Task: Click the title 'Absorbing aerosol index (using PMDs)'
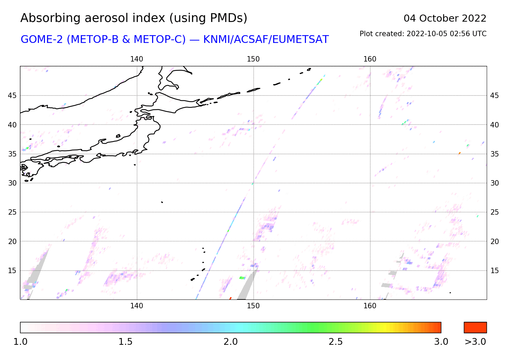134,18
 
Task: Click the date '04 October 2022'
445,18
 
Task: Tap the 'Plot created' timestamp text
423,34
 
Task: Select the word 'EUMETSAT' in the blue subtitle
300,40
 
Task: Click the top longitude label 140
137,59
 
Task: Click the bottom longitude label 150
253,306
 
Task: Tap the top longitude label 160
370,59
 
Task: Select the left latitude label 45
12,96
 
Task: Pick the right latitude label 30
494,183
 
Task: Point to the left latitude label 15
12,270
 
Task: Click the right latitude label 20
494,241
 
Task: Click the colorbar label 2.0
231,342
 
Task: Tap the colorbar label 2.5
336,342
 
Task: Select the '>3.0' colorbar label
475,342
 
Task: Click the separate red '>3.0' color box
475,328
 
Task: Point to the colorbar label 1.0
20,342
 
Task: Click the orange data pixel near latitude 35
460,153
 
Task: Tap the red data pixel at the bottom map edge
231,298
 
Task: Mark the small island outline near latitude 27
162,202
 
